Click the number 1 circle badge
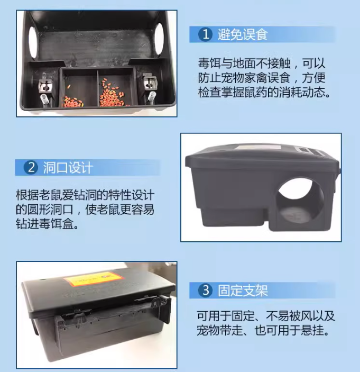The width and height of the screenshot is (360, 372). tap(206, 34)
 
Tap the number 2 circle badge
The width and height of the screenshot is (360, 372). tap(31, 168)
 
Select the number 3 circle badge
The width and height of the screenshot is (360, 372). tap(205, 290)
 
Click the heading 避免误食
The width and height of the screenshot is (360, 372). tap(243, 34)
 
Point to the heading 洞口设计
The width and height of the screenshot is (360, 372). tap(68, 168)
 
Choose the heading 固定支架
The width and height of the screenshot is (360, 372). tap(243, 290)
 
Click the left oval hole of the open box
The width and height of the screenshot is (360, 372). tap(33, 42)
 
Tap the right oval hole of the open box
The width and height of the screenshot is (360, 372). tap(160, 40)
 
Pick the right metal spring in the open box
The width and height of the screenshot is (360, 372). tap(151, 98)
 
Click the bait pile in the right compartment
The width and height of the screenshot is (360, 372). tap(113, 94)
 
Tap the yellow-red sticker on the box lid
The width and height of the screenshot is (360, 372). tap(94, 278)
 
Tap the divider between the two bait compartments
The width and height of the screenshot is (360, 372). tap(98, 88)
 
